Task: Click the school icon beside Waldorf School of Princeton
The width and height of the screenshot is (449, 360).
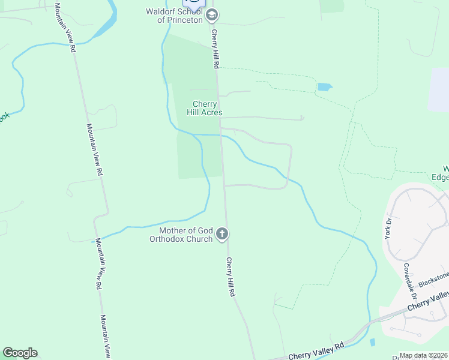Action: click(211, 15)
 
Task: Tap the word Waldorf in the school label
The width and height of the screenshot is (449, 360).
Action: click(160, 11)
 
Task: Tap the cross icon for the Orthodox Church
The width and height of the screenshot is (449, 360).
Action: click(222, 234)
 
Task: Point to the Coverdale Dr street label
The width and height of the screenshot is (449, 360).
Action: click(411, 281)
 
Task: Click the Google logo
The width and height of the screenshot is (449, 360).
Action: click(20, 353)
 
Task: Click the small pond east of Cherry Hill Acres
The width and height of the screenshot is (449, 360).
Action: click(324, 87)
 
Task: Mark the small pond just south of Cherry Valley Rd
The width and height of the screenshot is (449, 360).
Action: click(373, 343)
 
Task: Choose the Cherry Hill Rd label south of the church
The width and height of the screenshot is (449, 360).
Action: click(230, 277)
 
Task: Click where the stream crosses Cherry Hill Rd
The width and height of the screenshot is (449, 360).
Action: click(221, 136)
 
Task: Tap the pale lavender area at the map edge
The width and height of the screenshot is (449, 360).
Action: click(440, 90)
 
